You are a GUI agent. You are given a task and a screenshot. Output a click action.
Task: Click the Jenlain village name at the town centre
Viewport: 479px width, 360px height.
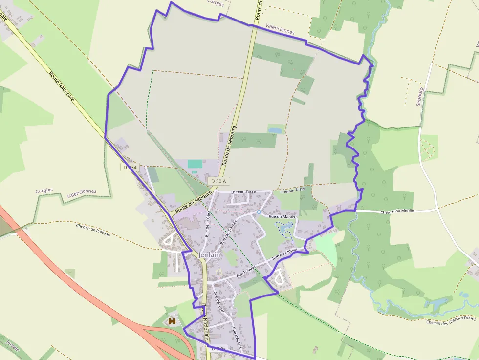coord(211,255)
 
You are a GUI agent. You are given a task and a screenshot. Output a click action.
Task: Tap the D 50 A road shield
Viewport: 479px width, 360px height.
coord(218,181)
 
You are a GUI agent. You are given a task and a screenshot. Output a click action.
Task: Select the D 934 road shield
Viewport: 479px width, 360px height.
coord(130,167)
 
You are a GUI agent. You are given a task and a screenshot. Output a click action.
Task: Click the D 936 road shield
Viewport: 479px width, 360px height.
coord(218,349)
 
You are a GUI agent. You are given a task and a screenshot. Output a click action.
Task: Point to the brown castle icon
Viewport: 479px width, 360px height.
coord(172,321)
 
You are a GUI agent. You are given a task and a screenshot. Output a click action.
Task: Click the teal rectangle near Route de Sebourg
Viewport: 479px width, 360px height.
coord(195,164)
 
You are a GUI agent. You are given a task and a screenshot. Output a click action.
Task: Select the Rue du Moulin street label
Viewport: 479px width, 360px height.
coord(284,253)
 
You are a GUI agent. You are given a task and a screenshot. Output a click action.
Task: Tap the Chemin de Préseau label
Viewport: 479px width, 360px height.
coord(93,230)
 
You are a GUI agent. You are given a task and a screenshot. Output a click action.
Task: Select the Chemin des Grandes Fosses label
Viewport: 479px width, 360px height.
coord(451,320)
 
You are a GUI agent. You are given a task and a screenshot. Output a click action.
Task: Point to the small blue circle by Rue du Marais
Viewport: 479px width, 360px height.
coord(259,212)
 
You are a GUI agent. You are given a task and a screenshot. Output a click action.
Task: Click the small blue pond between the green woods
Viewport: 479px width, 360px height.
coord(275,130)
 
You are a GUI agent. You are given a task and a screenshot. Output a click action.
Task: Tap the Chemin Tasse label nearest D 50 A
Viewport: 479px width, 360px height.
coord(243,191)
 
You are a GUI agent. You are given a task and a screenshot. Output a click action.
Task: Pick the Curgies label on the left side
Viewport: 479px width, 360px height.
coord(44,191)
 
